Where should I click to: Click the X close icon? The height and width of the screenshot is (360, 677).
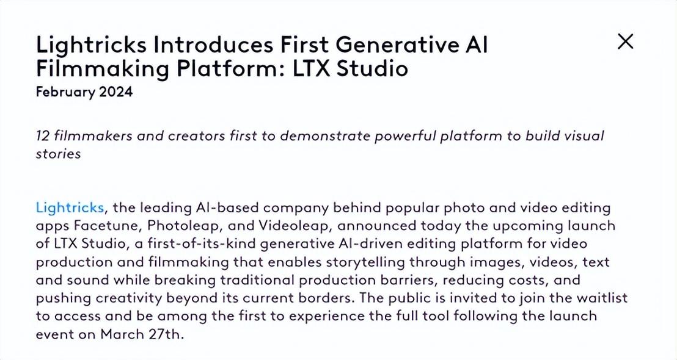[626, 41]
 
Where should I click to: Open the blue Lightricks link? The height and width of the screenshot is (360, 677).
[70, 207]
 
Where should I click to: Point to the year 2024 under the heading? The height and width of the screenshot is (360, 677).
[114, 92]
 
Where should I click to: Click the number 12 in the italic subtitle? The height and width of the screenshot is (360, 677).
[43, 135]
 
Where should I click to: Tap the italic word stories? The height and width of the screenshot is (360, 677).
[58, 153]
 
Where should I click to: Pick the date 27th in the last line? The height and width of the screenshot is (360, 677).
[165, 335]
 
